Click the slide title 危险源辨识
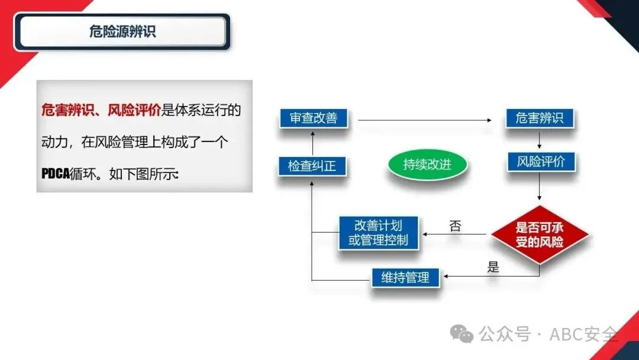(122, 32)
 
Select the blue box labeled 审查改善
(314, 118)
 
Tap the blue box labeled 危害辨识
(539, 118)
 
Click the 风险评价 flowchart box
(541, 162)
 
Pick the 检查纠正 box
(312, 166)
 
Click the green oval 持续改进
(427, 165)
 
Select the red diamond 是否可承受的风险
(539, 235)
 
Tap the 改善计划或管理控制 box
(379, 233)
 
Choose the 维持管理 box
(405, 277)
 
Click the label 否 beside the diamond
(456, 226)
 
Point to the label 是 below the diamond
(493, 267)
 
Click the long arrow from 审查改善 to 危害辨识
(425, 120)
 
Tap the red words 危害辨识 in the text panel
(64, 110)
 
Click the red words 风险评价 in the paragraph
(134, 110)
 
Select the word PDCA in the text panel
(55, 175)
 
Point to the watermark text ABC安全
(583, 335)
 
